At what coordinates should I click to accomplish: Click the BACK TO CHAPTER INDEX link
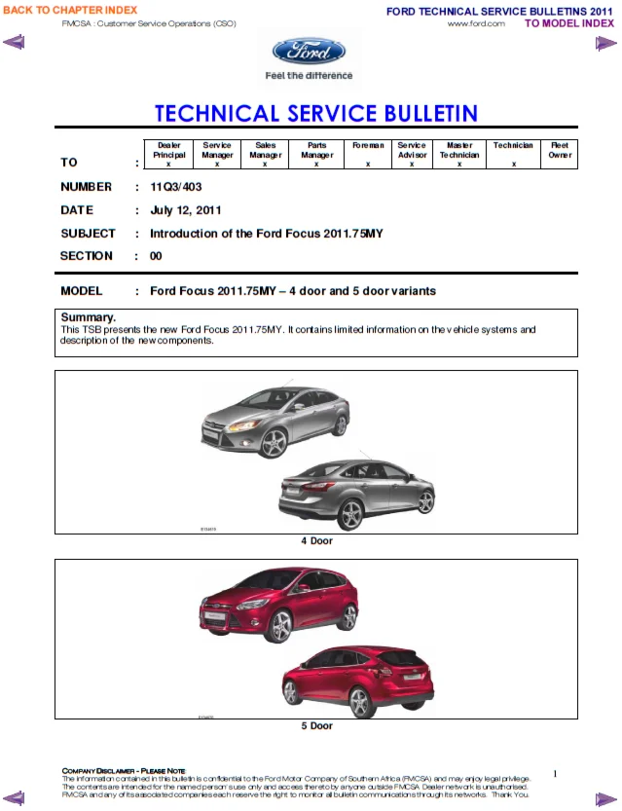pos(70,10)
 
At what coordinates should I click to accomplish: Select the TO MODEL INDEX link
pos(569,23)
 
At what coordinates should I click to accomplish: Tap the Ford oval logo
pos(309,52)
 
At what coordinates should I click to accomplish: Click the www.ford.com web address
pos(476,23)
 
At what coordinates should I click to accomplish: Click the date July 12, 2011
pos(186,210)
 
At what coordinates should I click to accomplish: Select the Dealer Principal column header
pos(168,150)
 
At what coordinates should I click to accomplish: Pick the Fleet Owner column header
pos(560,150)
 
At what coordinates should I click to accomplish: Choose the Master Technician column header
pos(459,150)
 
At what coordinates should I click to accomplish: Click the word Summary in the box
pos(89,317)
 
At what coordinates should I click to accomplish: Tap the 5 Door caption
pos(316,725)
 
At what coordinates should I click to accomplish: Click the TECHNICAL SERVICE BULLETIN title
pos(316,113)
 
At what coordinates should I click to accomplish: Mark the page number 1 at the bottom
pos(555,774)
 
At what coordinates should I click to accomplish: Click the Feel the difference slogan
pos(309,76)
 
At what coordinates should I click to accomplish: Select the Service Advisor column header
pos(412,150)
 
